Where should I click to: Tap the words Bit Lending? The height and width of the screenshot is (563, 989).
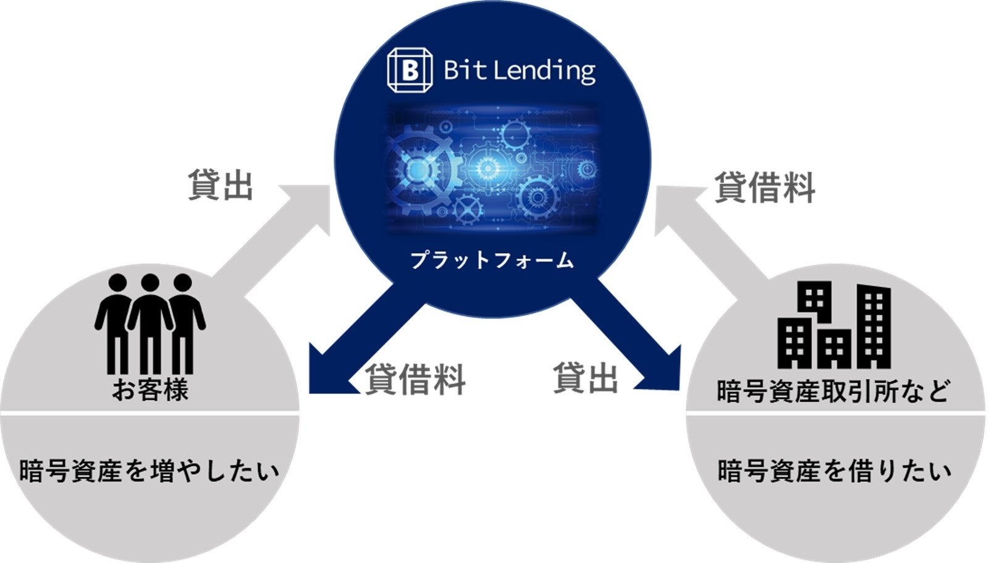[x=519, y=70]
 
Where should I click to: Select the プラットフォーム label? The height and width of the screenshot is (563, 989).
[x=492, y=261]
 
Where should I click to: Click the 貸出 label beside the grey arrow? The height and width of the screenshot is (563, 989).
[x=221, y=185]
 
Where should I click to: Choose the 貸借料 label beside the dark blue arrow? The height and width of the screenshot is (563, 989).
[x=415, y=378]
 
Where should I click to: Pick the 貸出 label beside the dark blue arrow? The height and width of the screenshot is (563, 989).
[x=585, y=377]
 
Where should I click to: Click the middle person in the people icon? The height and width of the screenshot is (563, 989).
[x=150, y=321]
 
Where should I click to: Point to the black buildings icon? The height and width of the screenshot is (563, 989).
[x=834, y=325]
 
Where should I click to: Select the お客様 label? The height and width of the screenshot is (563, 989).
[x=150, y=390]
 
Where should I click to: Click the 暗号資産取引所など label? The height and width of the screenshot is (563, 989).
[x=833, y=391]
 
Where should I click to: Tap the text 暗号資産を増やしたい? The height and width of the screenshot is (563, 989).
[x=149, y=471]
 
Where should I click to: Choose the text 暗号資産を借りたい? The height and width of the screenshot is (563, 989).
[x=834, y=471]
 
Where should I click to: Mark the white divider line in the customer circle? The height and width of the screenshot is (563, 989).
[x=149, y=412]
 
